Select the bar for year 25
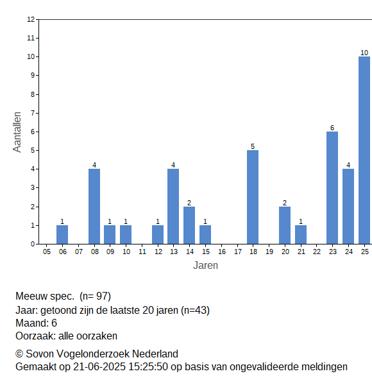click(364, 150)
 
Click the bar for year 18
click(253, 197)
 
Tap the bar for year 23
click(332, 188)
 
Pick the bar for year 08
click(94, 207)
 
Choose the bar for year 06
click(62, 235)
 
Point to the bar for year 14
click(189, 225)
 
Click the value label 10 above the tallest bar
click(364, 53)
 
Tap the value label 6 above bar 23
click(332, 128)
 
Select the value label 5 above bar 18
click(253, 146)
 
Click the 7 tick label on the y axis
click(33, 113)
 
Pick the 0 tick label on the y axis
click(33, 244)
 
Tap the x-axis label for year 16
click(222, 252)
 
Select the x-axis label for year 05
click(47, 252)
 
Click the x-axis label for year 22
click(317, 252)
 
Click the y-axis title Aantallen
click(17, 132)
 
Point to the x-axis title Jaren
click(205, 266)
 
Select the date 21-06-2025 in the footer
click(99, 367)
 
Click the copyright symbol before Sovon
click(19, 354)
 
